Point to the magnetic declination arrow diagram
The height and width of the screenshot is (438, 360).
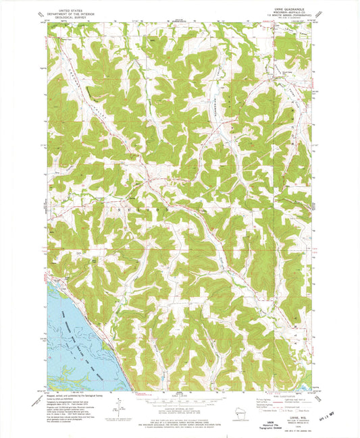pyautogui.click(x=120, y=405)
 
